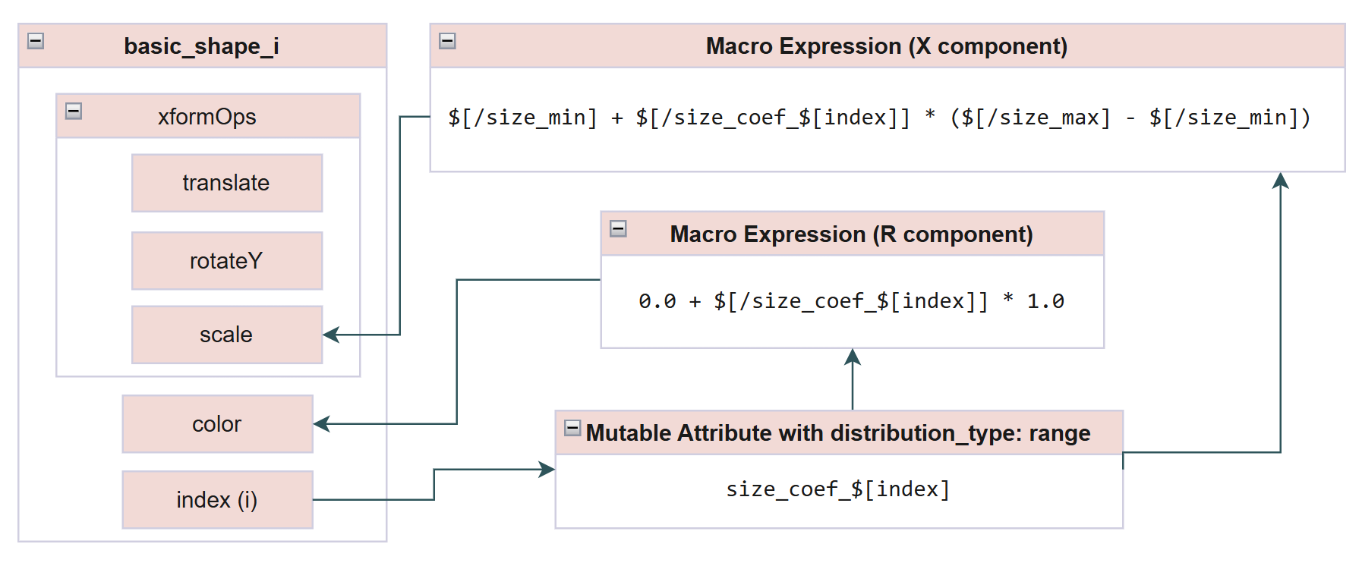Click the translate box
tap(226, 183)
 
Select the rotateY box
tap(226, 261)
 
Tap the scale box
tap(226, 335)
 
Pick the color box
tap(217, 424)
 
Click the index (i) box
tap(217, 500)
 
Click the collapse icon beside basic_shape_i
tap(36, 41)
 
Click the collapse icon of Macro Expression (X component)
tap(448, 41)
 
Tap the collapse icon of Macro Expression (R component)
tap(619, 228)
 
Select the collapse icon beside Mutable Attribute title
tap(573, 428)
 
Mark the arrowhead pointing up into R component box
tap(853, 357)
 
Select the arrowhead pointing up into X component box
tap(1281, 181)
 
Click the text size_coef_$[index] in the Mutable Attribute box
tap(838, 489)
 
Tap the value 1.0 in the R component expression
tap(1045, 301)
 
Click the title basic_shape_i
tap(201, 46)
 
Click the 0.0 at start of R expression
tap(657, 301)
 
